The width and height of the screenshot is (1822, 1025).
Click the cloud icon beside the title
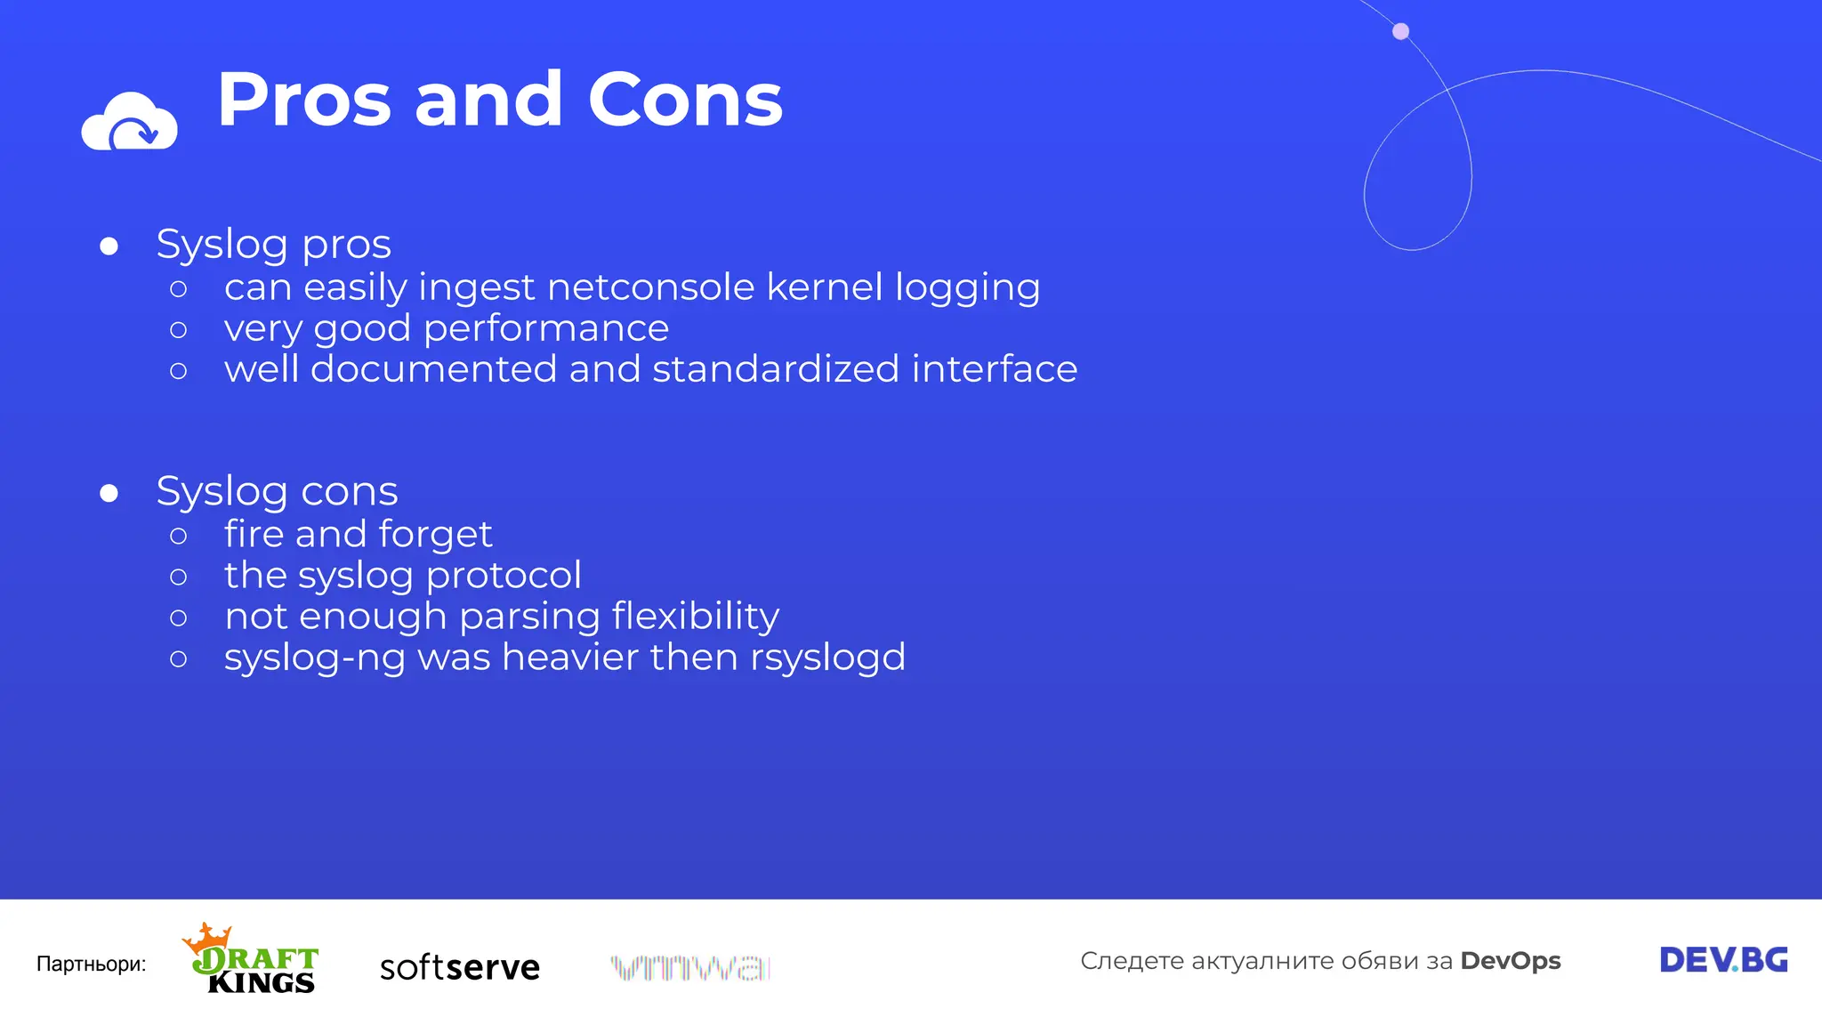pos(129,123)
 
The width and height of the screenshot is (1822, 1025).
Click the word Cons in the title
pos(685,100)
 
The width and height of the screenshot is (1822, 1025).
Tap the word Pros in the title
pos(304,100)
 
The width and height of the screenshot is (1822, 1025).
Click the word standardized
pos(776,369)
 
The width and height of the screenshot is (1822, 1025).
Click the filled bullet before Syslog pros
pos(109,246)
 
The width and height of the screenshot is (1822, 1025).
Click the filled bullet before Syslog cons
pos(109,493)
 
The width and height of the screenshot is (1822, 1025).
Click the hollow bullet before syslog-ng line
pos(178,658)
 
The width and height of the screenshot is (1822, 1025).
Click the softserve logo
pos(459,966)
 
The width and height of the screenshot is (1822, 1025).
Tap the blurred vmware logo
pos(690,966)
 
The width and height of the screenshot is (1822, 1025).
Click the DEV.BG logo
pos(1723,960)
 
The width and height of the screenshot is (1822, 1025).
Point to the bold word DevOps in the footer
pos(1510,961)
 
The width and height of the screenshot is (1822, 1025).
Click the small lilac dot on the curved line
pos(1400,32)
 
